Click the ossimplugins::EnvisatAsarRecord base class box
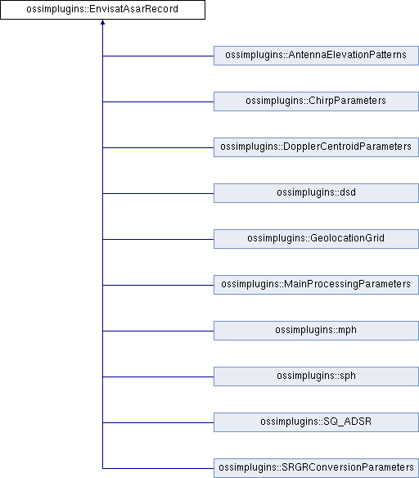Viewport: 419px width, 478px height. pyautogui.click(x=102, y=10)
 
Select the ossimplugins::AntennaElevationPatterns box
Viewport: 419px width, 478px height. pyautogui.click(x=316, y=56)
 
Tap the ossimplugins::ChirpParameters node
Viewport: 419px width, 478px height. pyautogui.click(x=316, y=101)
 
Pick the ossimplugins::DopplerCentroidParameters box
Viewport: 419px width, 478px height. pyautogui.click(x=316, y=147)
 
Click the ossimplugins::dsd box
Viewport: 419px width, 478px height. pyautogui.click(x=316, y=193)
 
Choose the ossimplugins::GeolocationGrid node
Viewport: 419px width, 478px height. pyautogui.click(x=316, y=239)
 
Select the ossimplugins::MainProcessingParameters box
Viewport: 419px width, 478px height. pyautogui.click(x=316, y=285)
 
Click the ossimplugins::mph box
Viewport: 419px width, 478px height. pyautogui.click(x=316, y=331)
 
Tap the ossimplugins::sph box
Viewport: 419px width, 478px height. pyautogui.click(x=316, y=377)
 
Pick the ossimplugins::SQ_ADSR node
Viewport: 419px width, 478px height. pyautogui.click(x=316, y=422)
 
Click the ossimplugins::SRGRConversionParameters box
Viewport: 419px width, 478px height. pyautogui.click(x=316, y=468)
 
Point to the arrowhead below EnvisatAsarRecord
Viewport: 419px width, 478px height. pyautogui.click(x=102, y=22)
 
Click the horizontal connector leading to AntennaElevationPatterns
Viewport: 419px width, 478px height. pyautogui.click(x=158, y=56)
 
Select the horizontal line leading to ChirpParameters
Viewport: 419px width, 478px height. pyautogui.click(x=158, y=101)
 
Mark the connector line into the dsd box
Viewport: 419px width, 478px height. pyautogui.click(x=158, y=193)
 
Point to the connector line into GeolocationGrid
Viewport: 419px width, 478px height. pyautogui.click(x=158, y=239)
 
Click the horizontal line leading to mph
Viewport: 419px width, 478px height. pyautogui.click(x=158, y=331)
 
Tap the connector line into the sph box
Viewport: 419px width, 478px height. pyautogui.click(x=158, y=377)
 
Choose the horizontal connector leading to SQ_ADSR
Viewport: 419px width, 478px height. pyautogui.click(x=158, y=422)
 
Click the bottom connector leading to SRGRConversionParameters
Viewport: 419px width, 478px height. pyautogui.click(x=158, y=468)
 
